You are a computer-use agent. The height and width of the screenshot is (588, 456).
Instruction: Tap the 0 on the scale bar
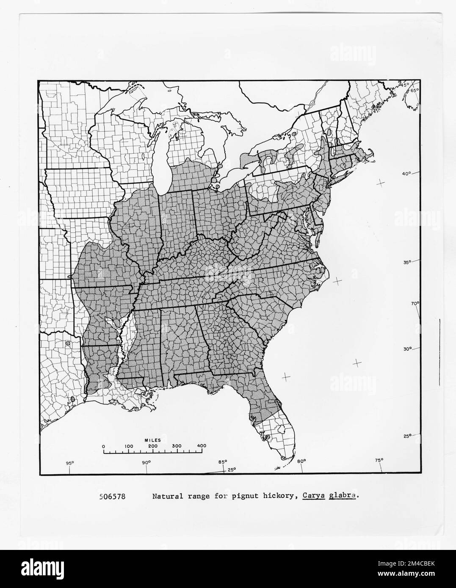(104, 446)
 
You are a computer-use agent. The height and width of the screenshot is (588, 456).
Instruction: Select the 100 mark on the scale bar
(129, 446)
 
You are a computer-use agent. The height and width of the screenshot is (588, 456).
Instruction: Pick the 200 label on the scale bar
(153, 446)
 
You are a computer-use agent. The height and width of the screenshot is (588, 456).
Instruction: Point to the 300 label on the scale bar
(177, 446)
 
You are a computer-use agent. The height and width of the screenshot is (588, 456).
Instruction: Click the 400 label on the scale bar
(202, 446)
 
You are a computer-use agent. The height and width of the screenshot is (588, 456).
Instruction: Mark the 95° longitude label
(70, 462)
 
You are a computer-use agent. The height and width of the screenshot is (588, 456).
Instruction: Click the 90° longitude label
(146, 462)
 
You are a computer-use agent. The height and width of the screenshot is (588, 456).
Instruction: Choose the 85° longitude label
(223, 462)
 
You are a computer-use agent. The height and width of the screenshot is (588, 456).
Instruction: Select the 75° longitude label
(379, 460)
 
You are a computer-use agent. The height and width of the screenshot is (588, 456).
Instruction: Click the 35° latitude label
(406, 262)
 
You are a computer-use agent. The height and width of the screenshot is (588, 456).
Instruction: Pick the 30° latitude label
(406, 349)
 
